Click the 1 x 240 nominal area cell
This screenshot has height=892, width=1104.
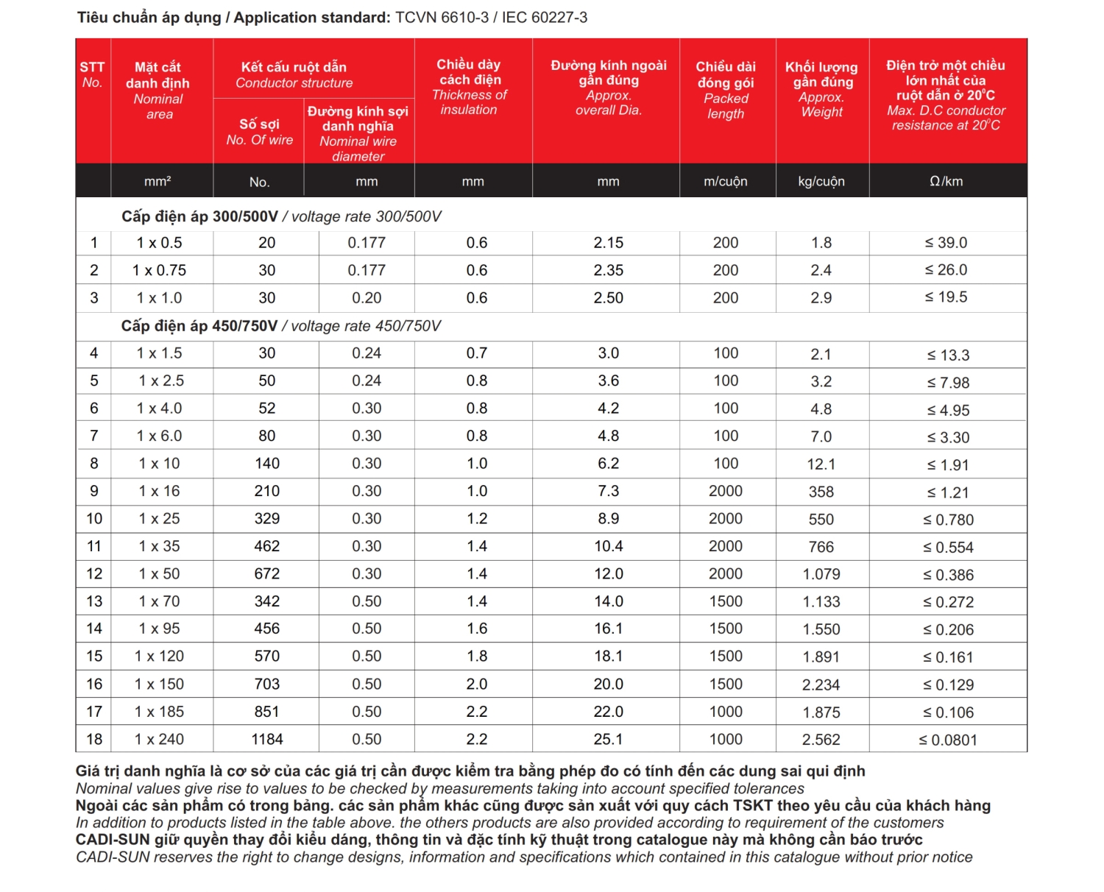pos(159,739)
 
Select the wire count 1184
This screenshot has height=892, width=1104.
pos(266,739)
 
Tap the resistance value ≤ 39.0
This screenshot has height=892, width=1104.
pos(946,243)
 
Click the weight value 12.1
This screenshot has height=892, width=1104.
pos(821,464)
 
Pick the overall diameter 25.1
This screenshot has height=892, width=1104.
pos(608,739)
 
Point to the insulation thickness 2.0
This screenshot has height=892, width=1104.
pos(476,684)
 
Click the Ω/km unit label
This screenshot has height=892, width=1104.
pos(946,181)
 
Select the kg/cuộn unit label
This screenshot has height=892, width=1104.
pos(821,181)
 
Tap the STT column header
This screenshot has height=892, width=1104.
pos(92,74)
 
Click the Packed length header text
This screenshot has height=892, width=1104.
pos(726,106)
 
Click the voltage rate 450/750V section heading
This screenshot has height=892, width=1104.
pos(280,326)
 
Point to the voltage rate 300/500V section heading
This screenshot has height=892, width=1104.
pos(280,216)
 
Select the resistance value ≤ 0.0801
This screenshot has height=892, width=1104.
pos(947,740)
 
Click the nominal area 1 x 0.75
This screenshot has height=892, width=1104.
pos(159,270)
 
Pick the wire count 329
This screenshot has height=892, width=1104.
pos(266,519)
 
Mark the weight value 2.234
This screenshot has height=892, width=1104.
pos(821,684)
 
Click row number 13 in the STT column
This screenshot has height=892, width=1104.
pos(94,601)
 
